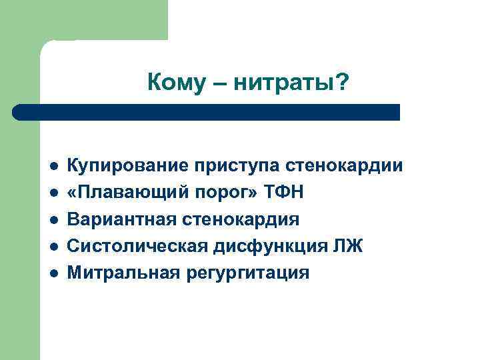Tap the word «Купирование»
coord(123,165)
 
